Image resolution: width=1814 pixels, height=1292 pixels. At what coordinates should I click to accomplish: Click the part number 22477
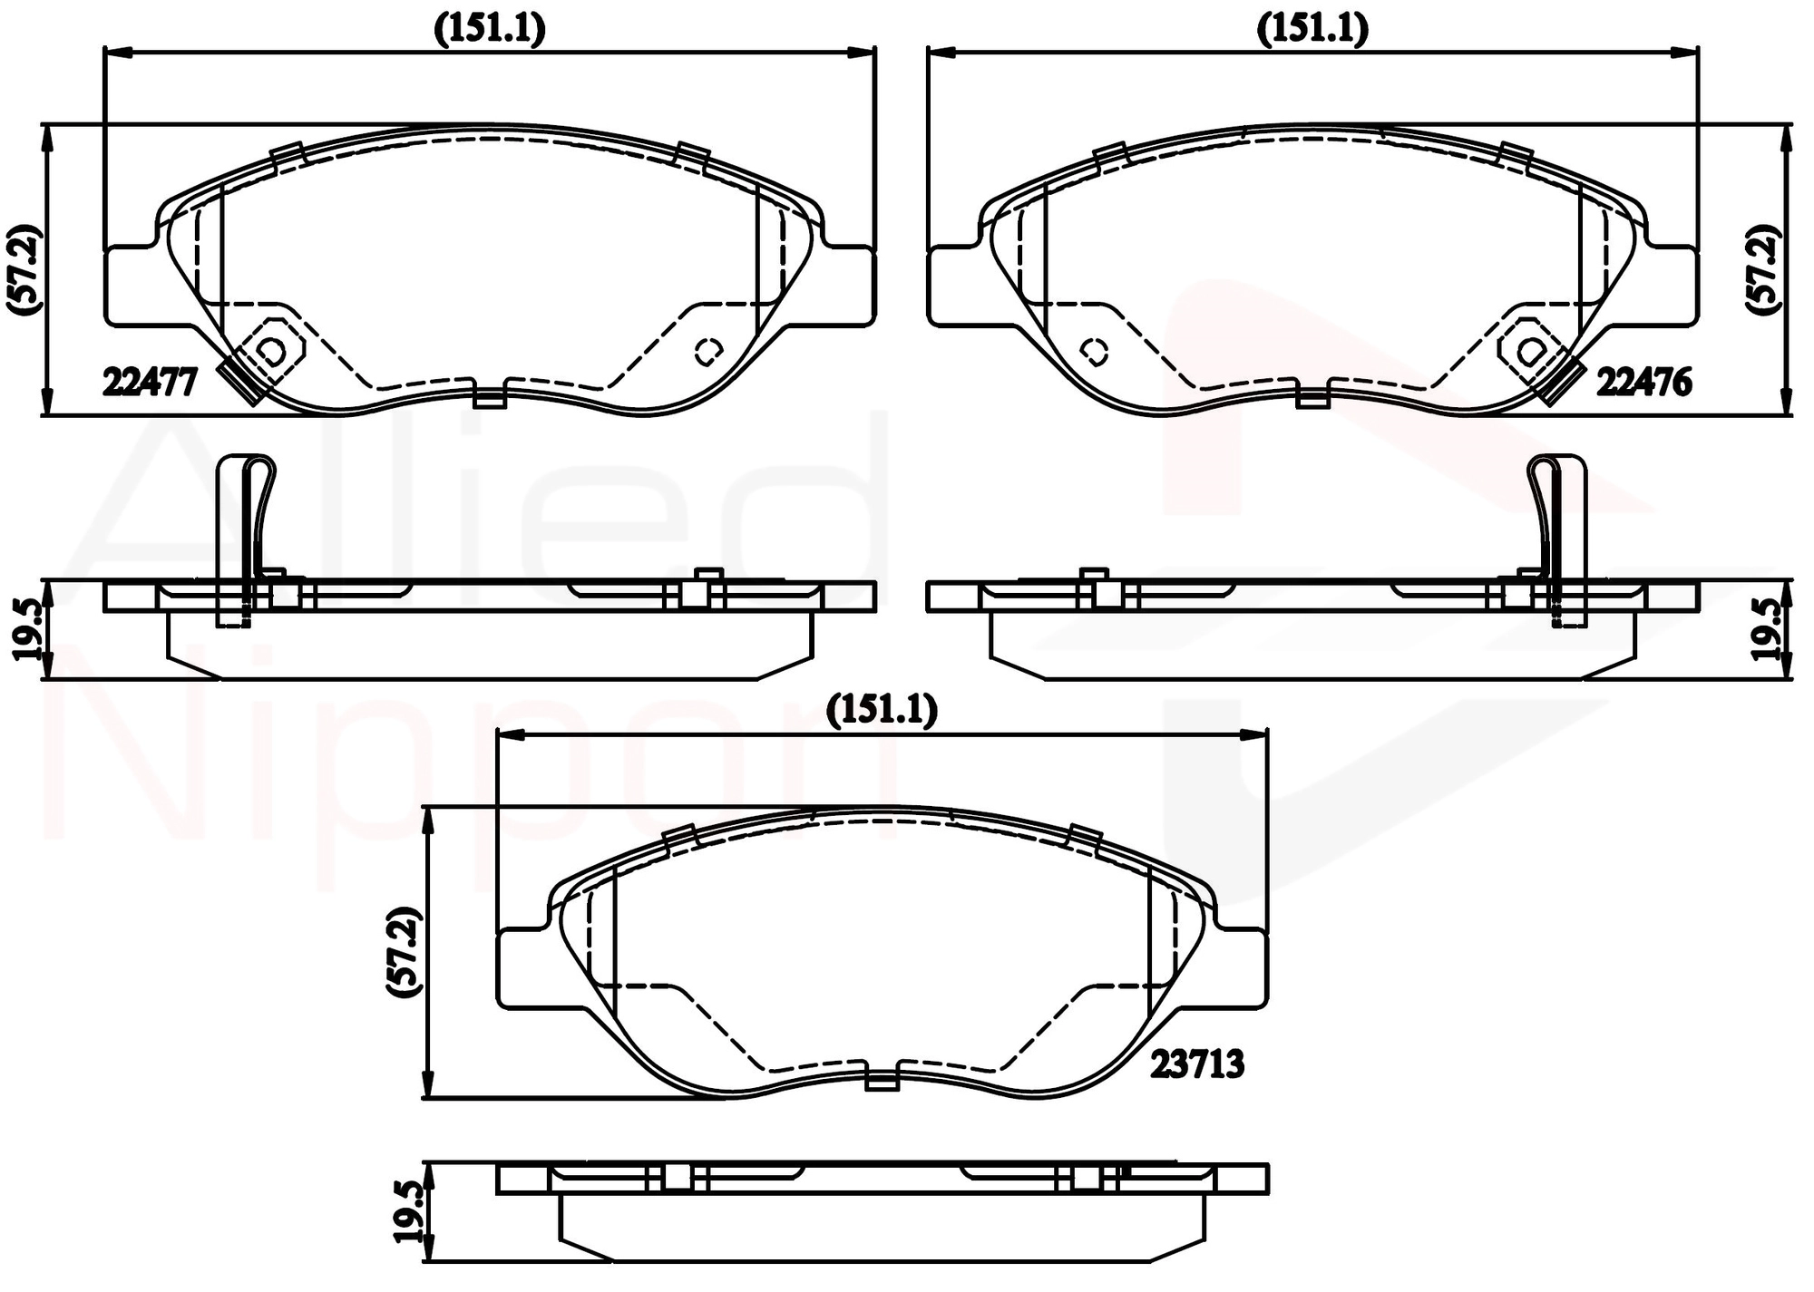coord(150,383)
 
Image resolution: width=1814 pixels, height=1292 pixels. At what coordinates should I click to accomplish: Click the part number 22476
coord(1643,383)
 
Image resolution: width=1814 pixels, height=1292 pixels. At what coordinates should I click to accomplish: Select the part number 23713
coord(1197,1064)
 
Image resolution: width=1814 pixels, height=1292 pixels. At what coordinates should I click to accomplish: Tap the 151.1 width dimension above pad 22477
coord(490,30)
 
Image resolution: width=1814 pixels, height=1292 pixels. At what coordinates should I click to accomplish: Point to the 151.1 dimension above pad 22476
coord(1312,30)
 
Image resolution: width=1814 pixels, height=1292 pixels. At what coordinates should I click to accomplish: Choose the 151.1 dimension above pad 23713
coord(882,712)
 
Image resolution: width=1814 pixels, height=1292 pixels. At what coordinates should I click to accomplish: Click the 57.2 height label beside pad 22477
coord(23,269)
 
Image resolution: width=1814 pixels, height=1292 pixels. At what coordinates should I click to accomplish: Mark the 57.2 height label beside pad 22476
coord(1767,269)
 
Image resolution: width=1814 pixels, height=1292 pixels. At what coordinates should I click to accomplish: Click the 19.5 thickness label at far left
coord(27,630)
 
